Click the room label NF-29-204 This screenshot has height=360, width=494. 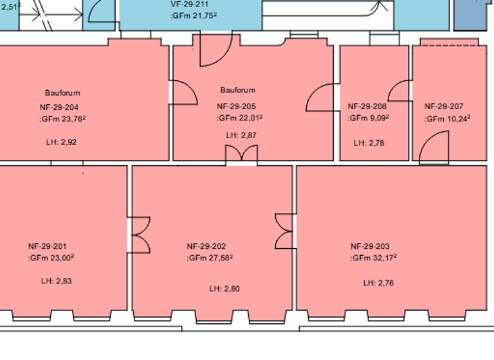[x=62, y=107]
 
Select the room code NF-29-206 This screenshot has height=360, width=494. [x=367, y=107]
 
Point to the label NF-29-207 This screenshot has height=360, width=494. [x=444, y=107]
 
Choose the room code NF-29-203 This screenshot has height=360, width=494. [x=370, y=246]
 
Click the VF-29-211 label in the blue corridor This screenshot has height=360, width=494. [x=190, y=4]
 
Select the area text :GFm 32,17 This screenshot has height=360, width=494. [x=374, y=258]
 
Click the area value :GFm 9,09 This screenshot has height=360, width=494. [x=369, y=118]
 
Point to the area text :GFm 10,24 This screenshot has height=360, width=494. [x=448, y=119]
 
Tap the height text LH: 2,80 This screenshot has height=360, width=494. [x=224, y=289]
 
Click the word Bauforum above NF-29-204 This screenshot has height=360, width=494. [x=62, y=93]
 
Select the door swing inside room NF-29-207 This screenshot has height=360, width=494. [x=434, y=148]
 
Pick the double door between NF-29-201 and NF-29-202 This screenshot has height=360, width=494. [x=140, y=235]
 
